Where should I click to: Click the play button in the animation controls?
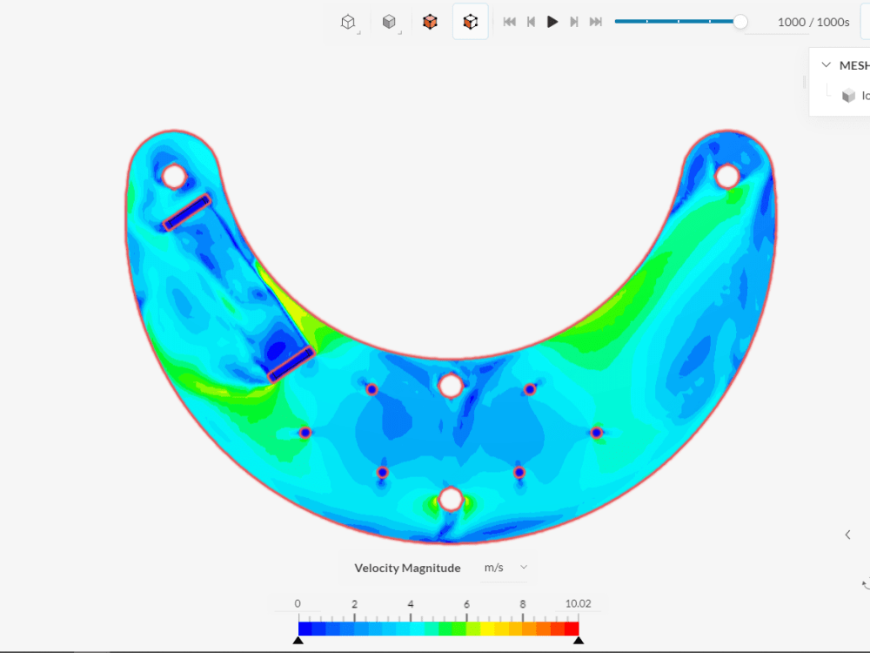tap(552, 22)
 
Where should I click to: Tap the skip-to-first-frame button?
tap(510, 22)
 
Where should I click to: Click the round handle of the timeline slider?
tap(740, 22)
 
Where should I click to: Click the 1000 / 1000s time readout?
tap(813, 22)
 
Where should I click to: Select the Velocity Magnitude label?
tap(407, 568)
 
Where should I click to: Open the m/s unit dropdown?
tap(505, 568)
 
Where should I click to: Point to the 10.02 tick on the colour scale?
tap(578, 604)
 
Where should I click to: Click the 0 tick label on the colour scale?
tap(298, 604)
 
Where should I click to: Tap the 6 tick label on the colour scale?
tap(466, 604)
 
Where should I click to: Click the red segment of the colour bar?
tap(571, 628)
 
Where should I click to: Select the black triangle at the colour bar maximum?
tap(578, 640)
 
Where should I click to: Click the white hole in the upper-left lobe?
tap(174, 177)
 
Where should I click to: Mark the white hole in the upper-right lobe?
tap(727, 177)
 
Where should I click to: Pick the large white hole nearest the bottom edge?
tap(450, 499)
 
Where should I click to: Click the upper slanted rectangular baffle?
tap(187, 212)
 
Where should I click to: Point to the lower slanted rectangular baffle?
tap(291, 365)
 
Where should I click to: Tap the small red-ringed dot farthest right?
tap(597, 433)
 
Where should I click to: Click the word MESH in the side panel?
tap(853, 65)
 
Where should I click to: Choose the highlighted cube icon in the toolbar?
tap(471, 22)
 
